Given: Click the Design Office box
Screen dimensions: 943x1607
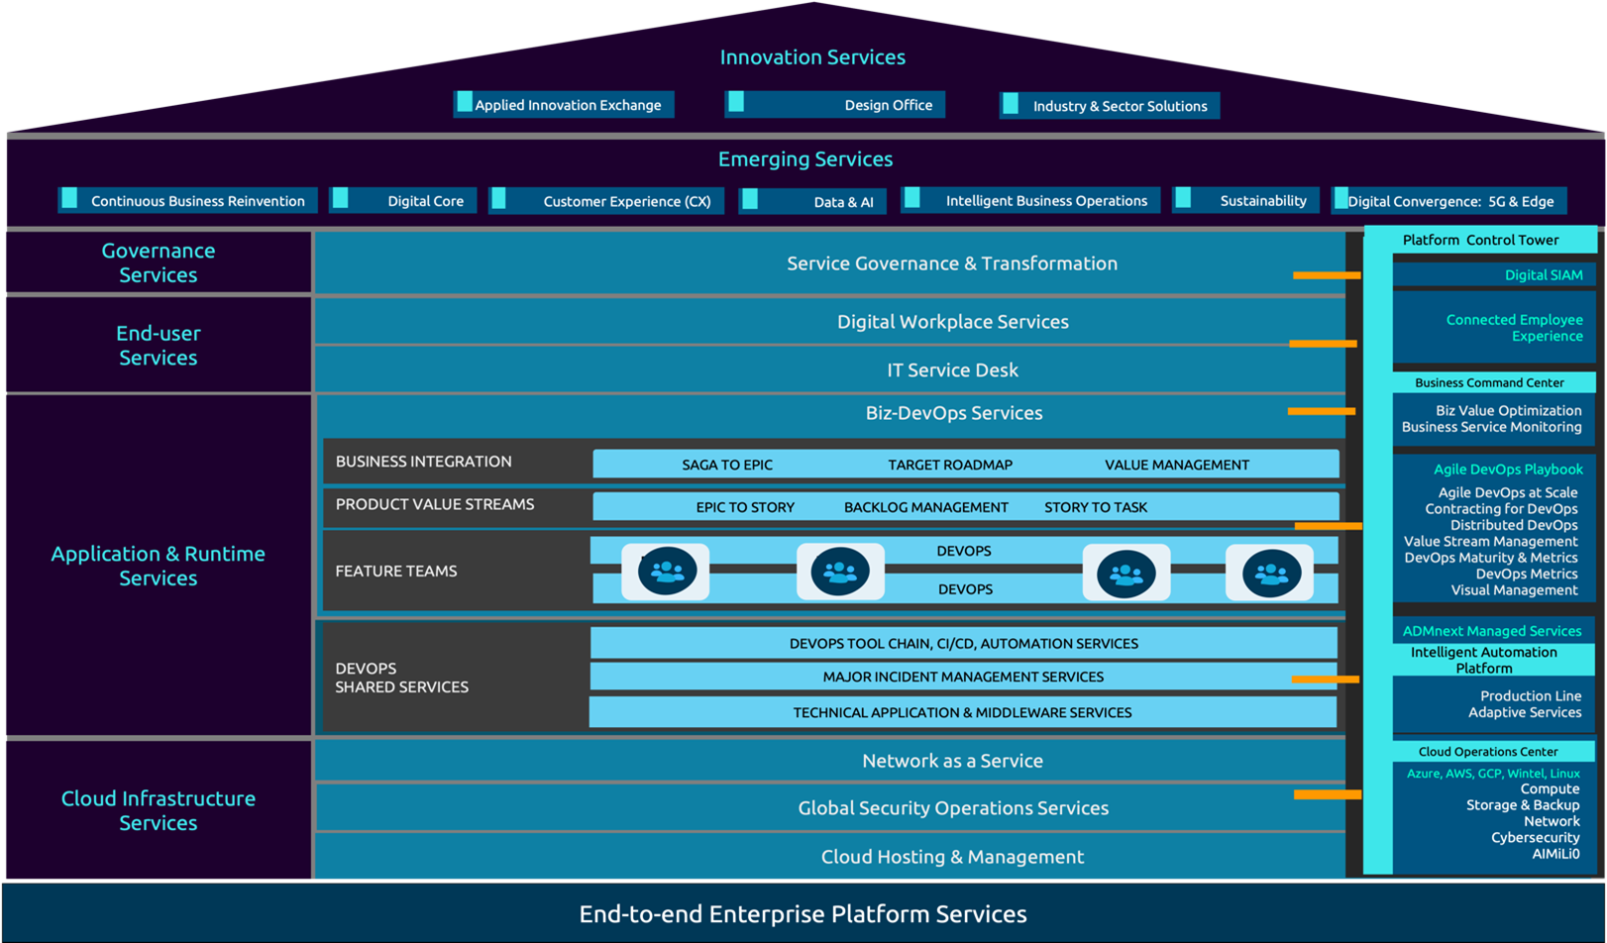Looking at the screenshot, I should (x=835, y=105).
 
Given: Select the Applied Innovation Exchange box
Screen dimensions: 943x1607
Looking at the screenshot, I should (x=565, y=105).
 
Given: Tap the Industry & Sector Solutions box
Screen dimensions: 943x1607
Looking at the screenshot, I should (x=1110, y=106).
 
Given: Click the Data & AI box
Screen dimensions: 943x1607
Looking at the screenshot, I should (x=812, y=201).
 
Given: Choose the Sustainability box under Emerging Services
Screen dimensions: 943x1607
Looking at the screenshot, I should (x=1246, y=200).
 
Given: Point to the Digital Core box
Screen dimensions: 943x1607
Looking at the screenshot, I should (x=403, y=200).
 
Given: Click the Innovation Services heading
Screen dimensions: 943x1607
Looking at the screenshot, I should (x=812, y=57).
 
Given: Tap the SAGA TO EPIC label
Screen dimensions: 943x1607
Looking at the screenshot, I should (x=727, y=465).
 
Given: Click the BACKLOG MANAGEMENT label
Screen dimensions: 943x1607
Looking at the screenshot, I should (x=925, y=507).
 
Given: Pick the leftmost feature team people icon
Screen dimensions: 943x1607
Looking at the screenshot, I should (x=666, y=572).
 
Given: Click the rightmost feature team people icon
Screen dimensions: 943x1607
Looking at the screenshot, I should (x=1270, y=572).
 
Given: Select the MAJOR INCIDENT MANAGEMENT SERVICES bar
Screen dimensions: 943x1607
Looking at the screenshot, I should (x=963, y=677).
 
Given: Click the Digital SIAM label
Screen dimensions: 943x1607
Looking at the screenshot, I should (x=1543, y=275).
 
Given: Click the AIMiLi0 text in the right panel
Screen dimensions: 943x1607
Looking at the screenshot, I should (x=1555, y=854).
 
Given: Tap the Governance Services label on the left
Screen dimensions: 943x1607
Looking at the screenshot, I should (x=159, y=262).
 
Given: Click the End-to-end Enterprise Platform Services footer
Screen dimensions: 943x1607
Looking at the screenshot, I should (x=803, y=913).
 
